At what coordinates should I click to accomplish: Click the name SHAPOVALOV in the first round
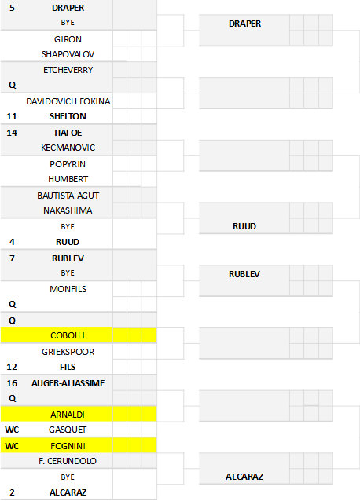tap(68, 54)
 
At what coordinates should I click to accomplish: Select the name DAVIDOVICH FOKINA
tap(68, 101)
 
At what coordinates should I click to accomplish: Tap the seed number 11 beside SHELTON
tap(12, 116)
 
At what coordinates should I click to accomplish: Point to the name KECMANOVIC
tap(68, 148)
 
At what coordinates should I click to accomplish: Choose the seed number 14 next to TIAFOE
tap(12, 133)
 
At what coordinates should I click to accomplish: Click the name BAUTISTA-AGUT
tap(68, 196)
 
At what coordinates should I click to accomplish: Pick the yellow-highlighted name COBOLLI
tap(68, 335)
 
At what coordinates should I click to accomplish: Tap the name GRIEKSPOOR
tap(68, 352)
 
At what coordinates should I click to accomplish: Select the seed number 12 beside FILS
tap(12, 367)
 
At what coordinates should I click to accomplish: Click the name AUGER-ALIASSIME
tap(68, 383)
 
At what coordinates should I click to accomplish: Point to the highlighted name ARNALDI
tap(68, 415)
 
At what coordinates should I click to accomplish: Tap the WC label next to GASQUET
tap(12, 430)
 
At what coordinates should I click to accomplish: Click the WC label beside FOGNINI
tap(12, 446)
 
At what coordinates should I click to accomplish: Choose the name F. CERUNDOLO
tap(68, 461)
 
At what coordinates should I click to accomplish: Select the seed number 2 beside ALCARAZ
tap(12, 492)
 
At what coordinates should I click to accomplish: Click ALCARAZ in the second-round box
tap(244, 477)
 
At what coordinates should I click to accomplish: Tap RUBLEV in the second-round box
tap(244, 274)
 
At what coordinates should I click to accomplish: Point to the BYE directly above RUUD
tap(68, 226)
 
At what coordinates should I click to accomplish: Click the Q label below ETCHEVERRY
tap(12, 86)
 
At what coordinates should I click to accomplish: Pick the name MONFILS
tap(68, 289)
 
